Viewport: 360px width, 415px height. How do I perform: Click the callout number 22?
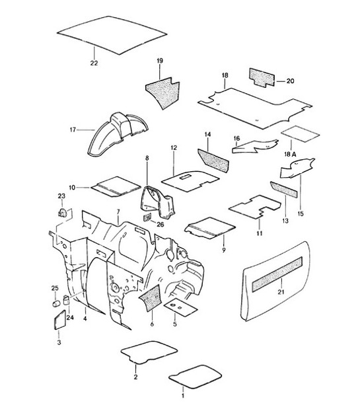click(x=94, y=63)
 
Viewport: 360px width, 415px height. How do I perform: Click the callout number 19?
click(x=159, y=61)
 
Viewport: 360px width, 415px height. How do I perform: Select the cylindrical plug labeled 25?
click(x=55, y=305)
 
